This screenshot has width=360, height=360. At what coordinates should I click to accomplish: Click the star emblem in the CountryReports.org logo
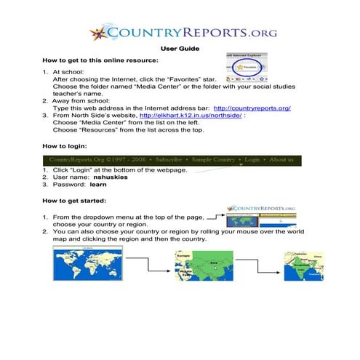99,33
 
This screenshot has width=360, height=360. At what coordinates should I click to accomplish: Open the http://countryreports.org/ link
252,108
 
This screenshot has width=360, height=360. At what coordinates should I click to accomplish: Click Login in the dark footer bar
252,159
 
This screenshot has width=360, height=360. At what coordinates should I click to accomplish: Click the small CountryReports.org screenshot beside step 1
260,216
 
